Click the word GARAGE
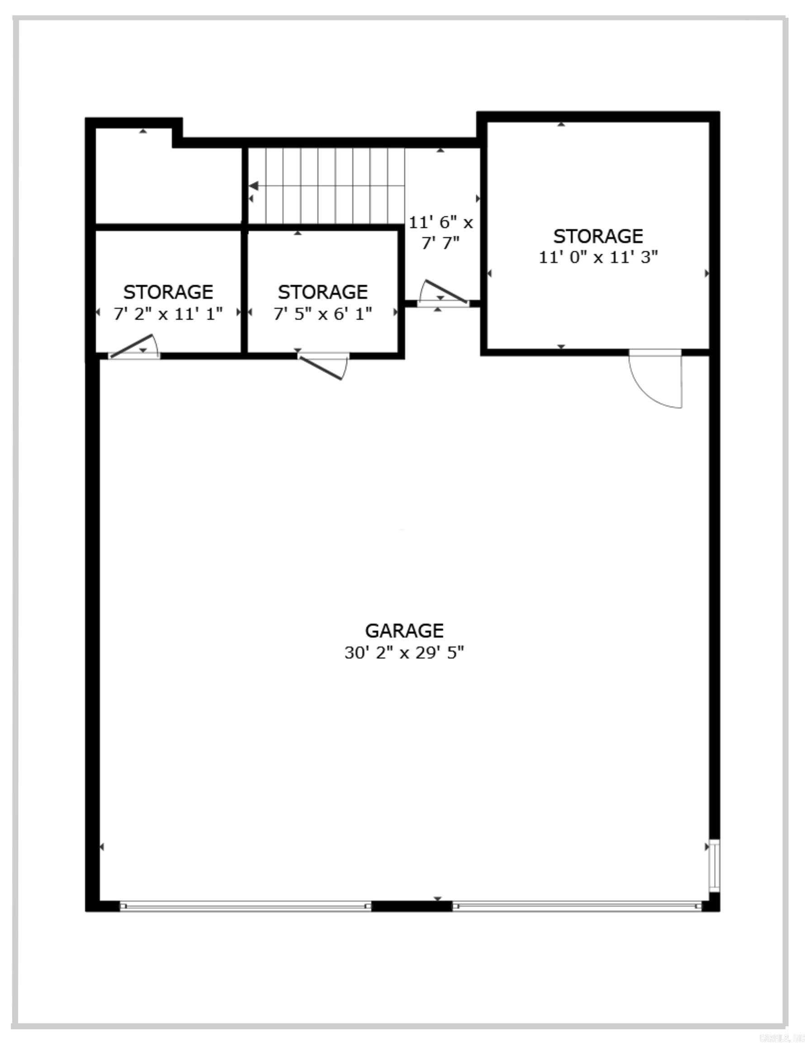pyautogui.click(x=404, y=631)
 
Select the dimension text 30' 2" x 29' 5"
pyautogui.click(x=404, y=652)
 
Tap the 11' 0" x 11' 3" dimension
pyautogui.click(x=598, y=258)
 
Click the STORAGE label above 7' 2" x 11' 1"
pyautogui.click(x=168, y=292)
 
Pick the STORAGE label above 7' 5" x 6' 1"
pyautogui.click(x=322, y=292)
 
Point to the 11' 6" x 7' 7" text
pyautogui.click(x=440, y=233)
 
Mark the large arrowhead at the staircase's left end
pyautogui.click(x=254, y=186)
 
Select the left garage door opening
pyautogui.click(x=245, y=905)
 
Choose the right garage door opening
pyautogui.click(x=577, y=905)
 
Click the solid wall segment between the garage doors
pyautogui.click(x=412, y=906)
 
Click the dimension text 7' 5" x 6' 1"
pyautogui.click(x=322, y=314)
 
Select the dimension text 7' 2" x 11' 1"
pyautogui.click(x=168, y=314)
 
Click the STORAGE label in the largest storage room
pyautogui.click(x=598, y=236)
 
